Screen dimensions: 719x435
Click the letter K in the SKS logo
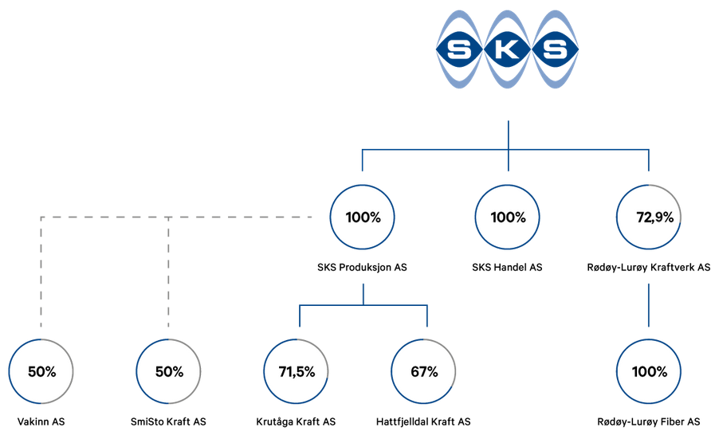point(507,49)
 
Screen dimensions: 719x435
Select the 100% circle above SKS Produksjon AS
point(362,185)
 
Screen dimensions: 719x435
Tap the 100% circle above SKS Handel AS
point(507,185)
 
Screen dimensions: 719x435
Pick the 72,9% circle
point(648,185)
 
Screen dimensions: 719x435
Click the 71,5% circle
point(297,339)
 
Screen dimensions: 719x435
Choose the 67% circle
point(423,339)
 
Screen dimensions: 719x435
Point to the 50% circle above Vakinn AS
point(41,339)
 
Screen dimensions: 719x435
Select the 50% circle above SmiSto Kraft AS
point(168,339)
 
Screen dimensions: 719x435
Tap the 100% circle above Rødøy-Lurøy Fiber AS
point(648,339)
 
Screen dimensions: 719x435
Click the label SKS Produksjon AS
point(362,267)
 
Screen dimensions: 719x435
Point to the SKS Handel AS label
point(507,267)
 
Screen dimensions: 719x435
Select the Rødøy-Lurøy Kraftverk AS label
point(649,267)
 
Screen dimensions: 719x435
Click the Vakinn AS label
point(41,421)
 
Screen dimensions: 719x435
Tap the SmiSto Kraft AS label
point(168,421)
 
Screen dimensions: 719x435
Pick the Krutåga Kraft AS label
point(296,421)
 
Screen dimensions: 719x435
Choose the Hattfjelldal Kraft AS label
point(423,421)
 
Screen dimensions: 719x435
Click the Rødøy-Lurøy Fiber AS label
point(649,421)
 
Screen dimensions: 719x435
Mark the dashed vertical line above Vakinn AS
point(41,272)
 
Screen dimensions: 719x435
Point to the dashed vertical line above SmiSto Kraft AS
point(168,272)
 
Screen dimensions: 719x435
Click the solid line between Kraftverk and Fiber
point(648,305)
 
